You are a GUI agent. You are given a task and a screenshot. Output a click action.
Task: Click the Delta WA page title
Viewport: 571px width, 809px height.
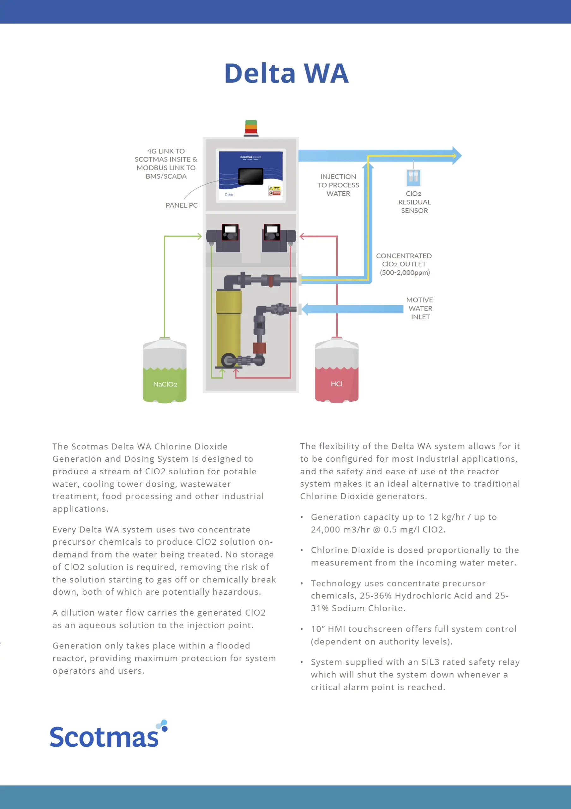click(x=286, y=73)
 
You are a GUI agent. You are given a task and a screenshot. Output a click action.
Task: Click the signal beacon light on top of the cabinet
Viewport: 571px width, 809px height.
click(x=251, y=128)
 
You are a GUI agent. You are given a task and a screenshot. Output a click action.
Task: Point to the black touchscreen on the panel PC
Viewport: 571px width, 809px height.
click(x=251, y=176)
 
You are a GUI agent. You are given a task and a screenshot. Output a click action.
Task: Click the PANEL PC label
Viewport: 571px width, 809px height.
click(x=182, y=205)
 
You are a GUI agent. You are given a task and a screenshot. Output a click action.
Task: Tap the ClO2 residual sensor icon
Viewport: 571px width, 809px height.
click(x=413, y=177)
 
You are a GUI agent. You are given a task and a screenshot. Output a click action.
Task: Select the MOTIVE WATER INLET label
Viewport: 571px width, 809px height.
click(x=420, y=308)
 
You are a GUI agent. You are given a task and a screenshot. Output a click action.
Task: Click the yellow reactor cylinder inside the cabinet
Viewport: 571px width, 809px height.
click(x=229, y=328)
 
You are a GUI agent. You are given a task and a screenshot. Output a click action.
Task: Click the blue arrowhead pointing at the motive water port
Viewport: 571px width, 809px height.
click(x=305, y=309)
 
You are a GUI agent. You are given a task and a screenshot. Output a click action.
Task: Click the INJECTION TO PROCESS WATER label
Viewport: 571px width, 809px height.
click(x=338, y=185)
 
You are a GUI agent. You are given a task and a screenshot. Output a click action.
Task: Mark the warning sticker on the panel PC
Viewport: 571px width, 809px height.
click(x=274, y=191)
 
